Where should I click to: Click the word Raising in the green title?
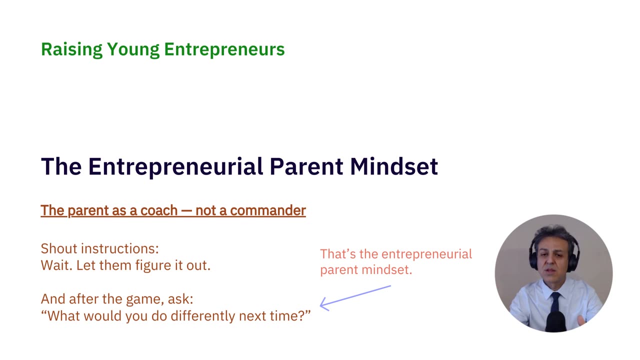71,49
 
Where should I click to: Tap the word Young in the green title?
133,49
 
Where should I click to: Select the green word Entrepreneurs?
224,49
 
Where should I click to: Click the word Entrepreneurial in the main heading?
175,167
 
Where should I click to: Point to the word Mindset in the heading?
394,166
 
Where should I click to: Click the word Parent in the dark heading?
306,166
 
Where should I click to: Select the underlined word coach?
159,210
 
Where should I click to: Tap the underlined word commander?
268,210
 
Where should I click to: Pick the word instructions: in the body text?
120,248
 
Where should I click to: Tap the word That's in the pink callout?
338,254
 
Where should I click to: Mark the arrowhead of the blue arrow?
320,305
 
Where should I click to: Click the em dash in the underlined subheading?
186,211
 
